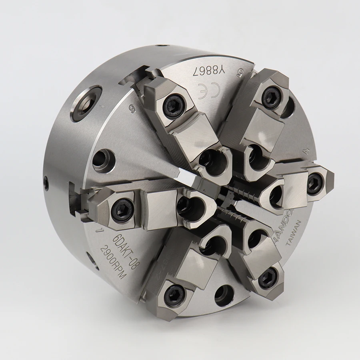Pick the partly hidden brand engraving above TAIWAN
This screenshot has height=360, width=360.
[284, 226]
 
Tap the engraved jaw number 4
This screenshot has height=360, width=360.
[306, 151]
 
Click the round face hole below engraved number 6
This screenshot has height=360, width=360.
[103, 160]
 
